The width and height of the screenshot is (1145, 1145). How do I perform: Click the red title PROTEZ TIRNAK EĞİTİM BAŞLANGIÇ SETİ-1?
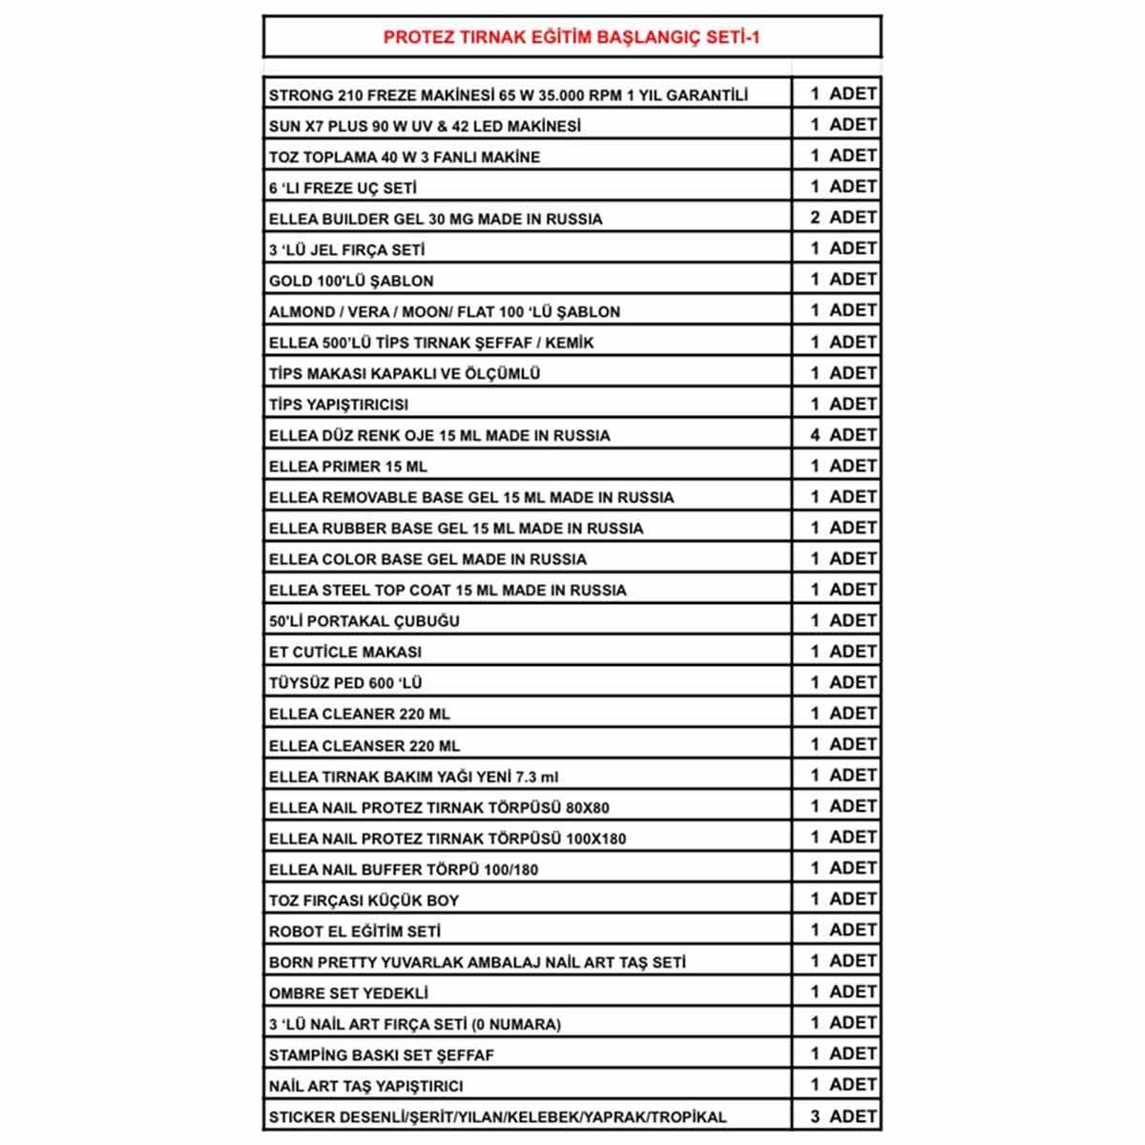tap(572, 38)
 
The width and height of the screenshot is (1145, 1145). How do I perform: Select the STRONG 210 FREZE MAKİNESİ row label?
tap(508, 95)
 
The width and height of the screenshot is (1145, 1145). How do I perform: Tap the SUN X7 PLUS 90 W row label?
tap(425, 126)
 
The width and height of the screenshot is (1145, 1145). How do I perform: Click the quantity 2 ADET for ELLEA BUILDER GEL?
tap(843, 218)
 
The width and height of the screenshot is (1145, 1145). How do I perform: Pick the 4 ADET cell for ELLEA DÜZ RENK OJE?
tap(843, 435)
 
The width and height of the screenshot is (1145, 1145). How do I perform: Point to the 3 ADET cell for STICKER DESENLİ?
tap(843, 1116)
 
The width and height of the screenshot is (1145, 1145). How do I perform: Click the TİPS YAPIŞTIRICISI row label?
tap(339, 405)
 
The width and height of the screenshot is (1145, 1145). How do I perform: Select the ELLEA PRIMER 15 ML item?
tap(348, 467)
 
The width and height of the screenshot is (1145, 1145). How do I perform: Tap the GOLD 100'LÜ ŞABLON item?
tap(351, 281)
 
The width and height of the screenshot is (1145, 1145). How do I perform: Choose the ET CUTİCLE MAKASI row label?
tap(344, 653)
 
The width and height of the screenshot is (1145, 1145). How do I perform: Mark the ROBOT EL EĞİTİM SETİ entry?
tap(354, 931)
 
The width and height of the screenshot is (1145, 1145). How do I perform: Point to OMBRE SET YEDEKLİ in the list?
tap(348, 993)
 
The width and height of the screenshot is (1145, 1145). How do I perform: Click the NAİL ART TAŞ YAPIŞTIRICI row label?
tap(365, 1086)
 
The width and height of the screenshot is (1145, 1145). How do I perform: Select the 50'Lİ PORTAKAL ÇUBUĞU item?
tap(364, 621)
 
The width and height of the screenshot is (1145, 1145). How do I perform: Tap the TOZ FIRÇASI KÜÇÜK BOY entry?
tap(364, 901)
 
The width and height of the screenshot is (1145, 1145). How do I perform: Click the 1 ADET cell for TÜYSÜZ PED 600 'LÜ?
tap(843, 682)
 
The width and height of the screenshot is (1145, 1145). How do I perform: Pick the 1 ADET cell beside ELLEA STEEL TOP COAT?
tap(843, 590)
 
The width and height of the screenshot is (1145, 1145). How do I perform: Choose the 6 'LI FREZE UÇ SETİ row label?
tap(343, 188)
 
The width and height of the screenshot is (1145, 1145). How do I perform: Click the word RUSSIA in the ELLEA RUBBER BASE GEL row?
tap(614, 529)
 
